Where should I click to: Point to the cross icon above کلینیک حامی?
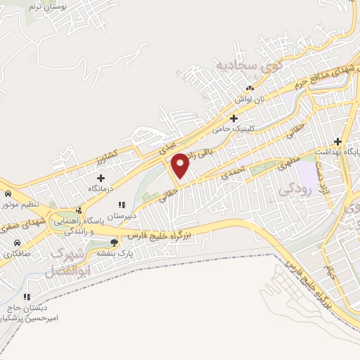pos(234,118)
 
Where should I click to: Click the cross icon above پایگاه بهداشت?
pos(337,141)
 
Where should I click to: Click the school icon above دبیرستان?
pos(124,205)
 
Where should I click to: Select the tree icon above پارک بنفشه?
pos(115,242)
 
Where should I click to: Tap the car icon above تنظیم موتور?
pos(7,193)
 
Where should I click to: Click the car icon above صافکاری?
pos(14,242)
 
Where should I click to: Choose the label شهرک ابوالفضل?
pos(68,262)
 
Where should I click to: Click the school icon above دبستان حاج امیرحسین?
pos(27,297)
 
